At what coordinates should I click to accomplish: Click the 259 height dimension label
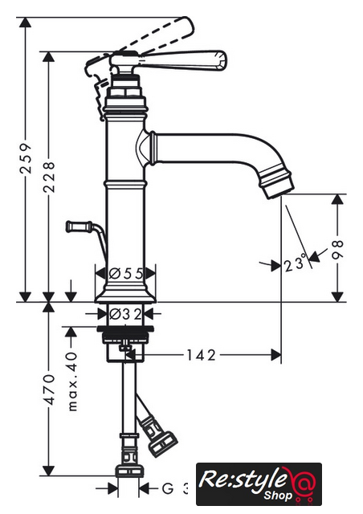point(25,158)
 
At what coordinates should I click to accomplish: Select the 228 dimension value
point(49,177)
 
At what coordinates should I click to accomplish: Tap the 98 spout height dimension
point(337,250)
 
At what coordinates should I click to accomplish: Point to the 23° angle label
point(296,263)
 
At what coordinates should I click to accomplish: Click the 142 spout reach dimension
point(201,355)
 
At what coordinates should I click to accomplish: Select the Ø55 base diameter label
point(126,273)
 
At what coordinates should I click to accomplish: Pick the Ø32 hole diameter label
point(125,314)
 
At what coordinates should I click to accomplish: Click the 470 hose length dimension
point(49,390)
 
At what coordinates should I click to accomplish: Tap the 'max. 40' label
point(71,381)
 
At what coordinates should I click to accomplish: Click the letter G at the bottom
point(168,489)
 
